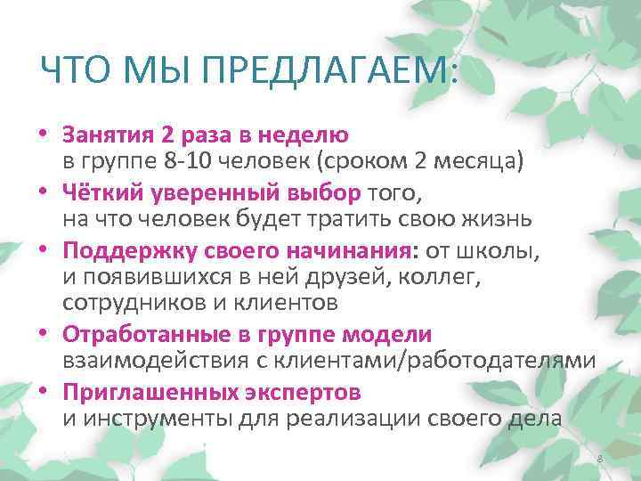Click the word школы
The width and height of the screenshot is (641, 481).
pos(503,249)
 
